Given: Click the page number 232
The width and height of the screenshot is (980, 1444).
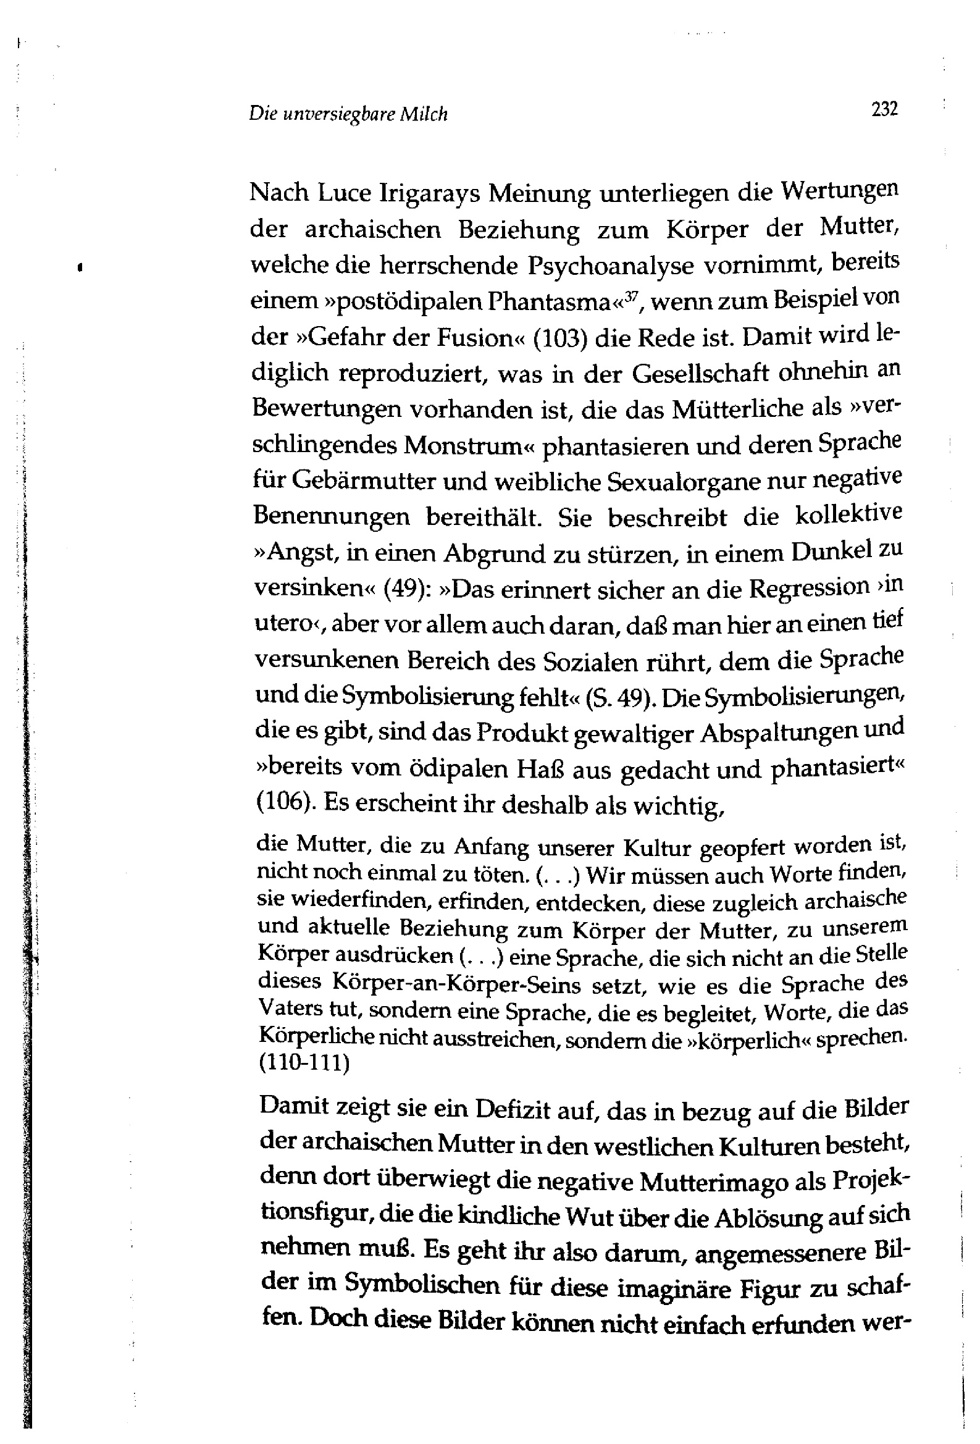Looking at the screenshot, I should click(x=884, y=110).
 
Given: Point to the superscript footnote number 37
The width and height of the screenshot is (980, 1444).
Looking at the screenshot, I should click(x=632, y=295).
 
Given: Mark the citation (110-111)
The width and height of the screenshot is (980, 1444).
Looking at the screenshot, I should click(x=303, y=1062).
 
